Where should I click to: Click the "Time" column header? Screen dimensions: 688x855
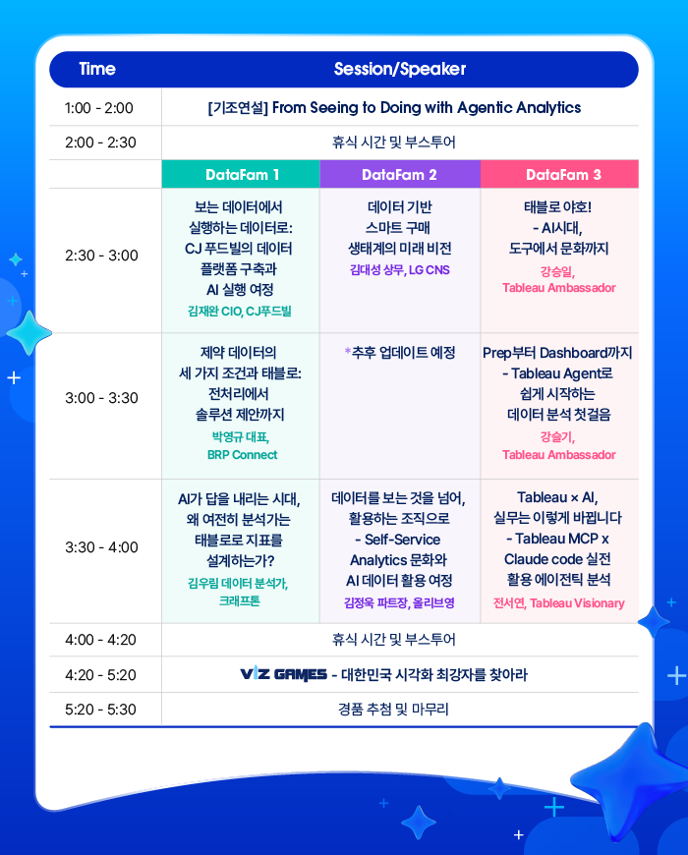pyautogui.click(x=97, y=69)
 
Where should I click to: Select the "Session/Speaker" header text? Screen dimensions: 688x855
pyautogui.click(x=400, y=69)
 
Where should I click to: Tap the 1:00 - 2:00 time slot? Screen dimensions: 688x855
pyautogui.click(x=98, y=108)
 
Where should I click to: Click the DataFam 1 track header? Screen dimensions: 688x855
pyautogui.click(x=242, y=175)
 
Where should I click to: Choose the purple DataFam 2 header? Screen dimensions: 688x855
pyautogui.click(x=400, y=175)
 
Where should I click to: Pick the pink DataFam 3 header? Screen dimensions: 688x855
pyautogui.click(x=559, y=175)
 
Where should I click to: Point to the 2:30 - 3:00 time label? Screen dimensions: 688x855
pyautogui.click(x=101, y=256)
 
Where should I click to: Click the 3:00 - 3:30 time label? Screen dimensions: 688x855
pyautogui.click(x=101, y=398)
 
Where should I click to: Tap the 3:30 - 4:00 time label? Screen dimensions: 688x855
pyautogui.click(x=101, y=547)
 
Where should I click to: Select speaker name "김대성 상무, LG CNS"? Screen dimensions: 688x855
pyautogui.click(x=400, y=270)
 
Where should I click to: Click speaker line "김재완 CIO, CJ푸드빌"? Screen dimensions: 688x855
pyautogui.click(x=240, y=312)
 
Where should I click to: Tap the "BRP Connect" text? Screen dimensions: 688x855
pyautogui.click(x=242, y=455)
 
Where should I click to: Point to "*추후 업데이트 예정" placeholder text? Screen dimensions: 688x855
pyautogui.click(x=400, y=353)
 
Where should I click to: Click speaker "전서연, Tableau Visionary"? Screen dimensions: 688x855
pyautogui.click(x=559, y=603)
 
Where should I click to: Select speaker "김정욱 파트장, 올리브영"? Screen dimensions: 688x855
pyautogui.click(x=399, y=603)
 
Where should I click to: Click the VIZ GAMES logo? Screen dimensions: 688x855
pyautogui.click(x=283, y=674)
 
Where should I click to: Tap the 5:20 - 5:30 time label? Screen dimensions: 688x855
pyautogui.click(x=100, y=710)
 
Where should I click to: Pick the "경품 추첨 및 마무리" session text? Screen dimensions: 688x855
pyautogui.click(x=393, y=710)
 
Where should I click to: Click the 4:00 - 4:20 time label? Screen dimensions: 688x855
pyautogui.click(x=100, y=640)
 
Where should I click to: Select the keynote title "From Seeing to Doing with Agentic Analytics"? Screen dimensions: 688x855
pyautogui.click(x=427, y=108)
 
